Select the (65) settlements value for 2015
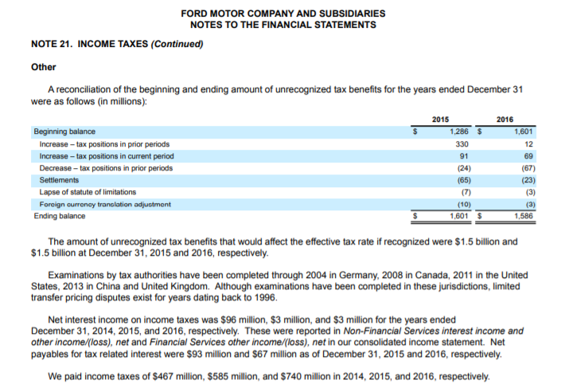(462, 180)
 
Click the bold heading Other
(43, 67)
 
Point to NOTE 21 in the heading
(52, 43)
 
